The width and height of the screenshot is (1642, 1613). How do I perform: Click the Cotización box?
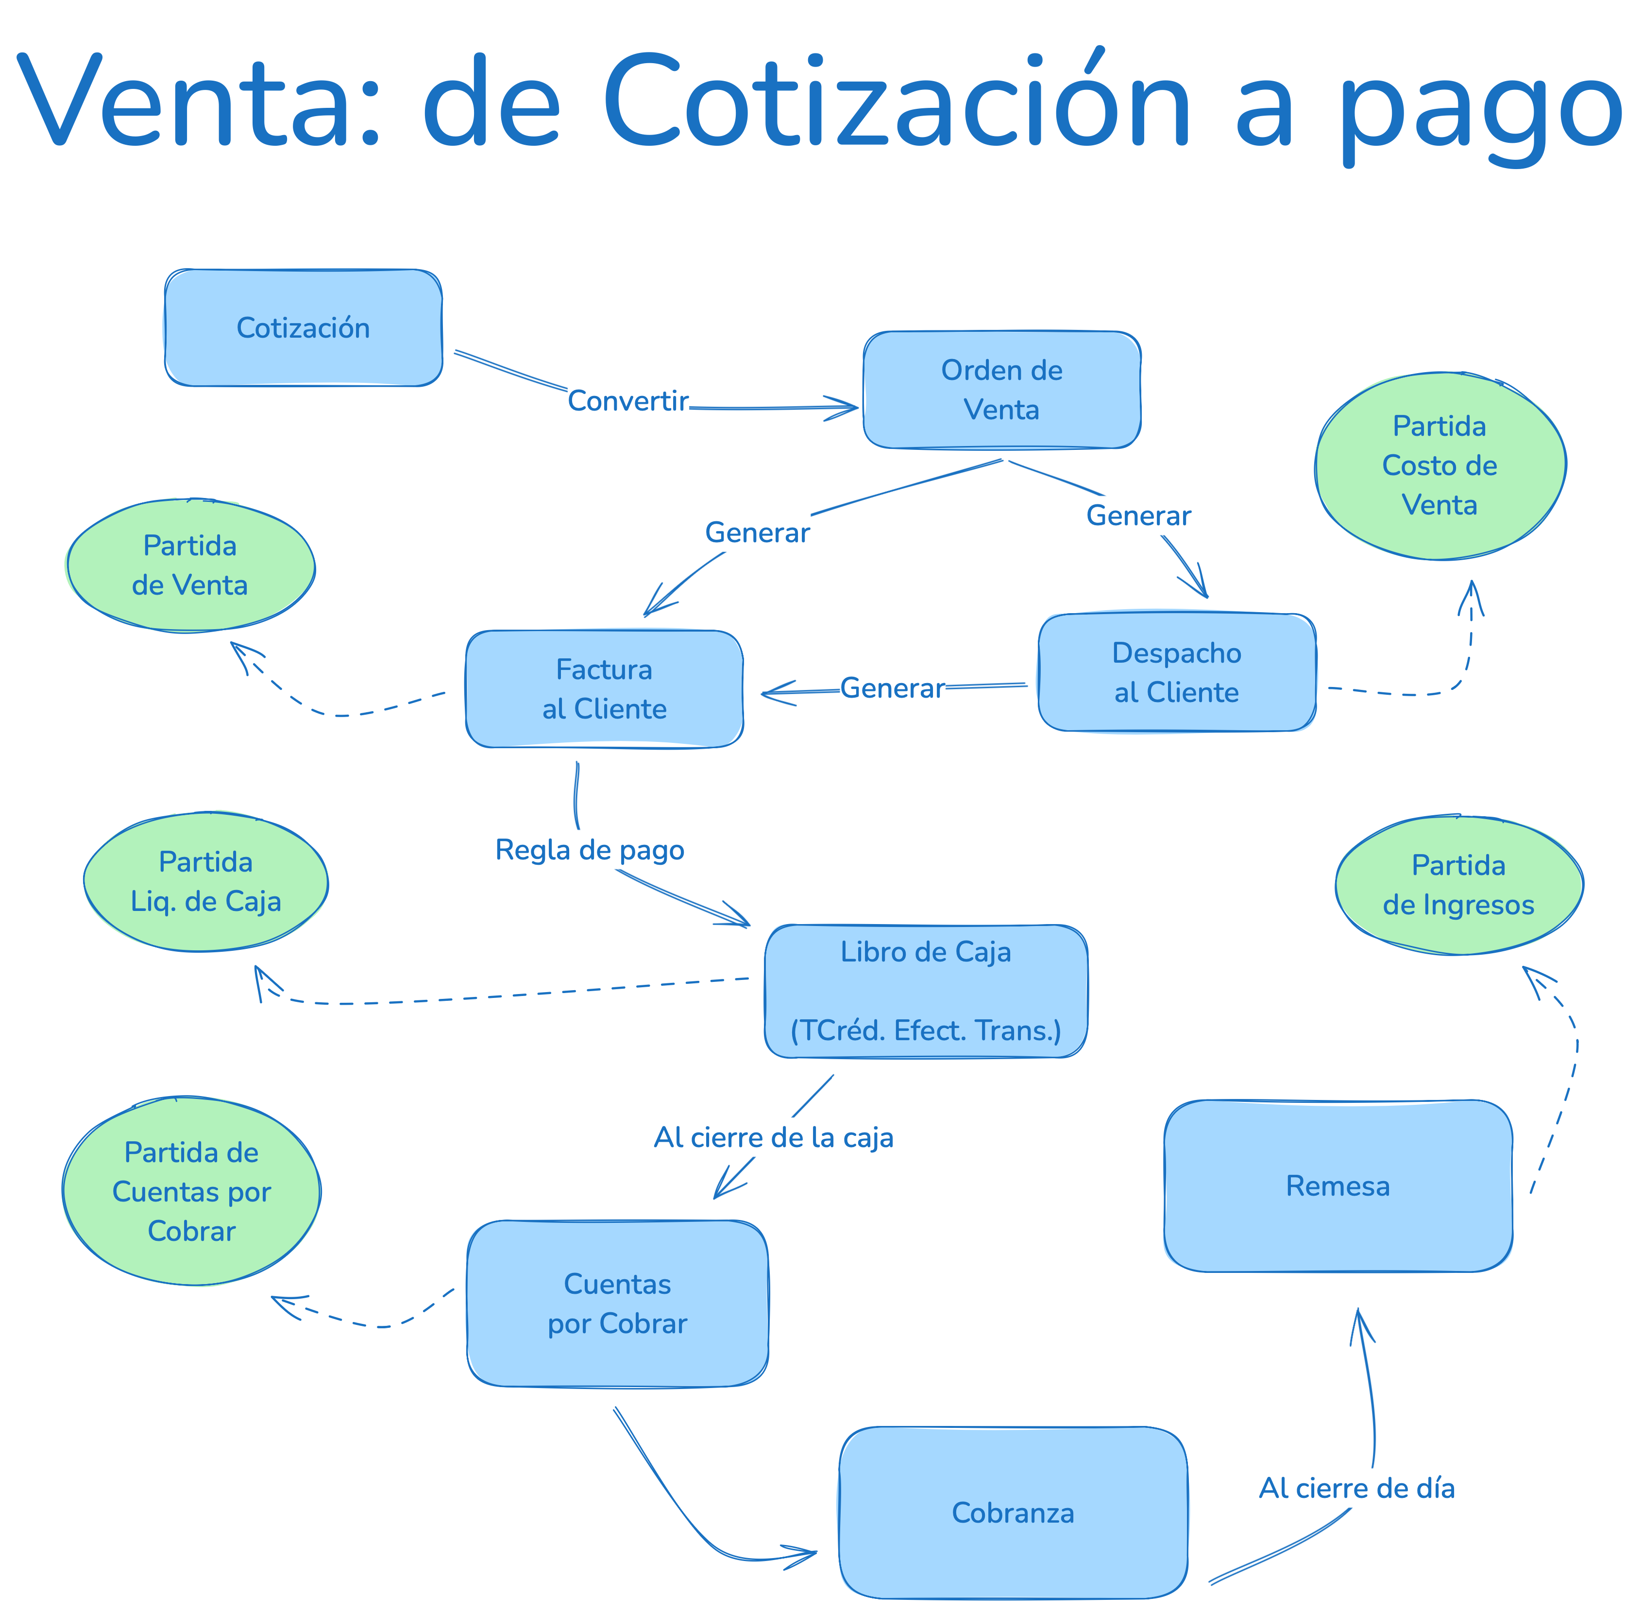coord(303,328)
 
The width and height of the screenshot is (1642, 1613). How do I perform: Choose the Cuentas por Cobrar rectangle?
coord(617,1303)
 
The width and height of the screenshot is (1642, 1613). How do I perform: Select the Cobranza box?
coord(1013,1512)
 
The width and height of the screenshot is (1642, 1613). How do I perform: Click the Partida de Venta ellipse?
coord(190,565)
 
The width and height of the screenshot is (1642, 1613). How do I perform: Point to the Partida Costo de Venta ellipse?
coord(1439,466)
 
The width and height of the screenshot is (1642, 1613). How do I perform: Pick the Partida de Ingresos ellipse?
coord(1458,885)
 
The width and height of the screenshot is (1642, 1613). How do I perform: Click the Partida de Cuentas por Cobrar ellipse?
coord(191,1191)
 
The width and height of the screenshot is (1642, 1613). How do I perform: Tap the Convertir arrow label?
coord(627,401)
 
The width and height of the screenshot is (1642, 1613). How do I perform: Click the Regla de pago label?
coord(590,850)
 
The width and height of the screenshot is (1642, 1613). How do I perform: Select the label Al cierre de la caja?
coord(773,1137)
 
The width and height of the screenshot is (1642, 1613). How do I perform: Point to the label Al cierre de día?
coord(1356,1488)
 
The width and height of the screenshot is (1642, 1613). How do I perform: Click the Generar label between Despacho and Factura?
coord(892,688)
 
